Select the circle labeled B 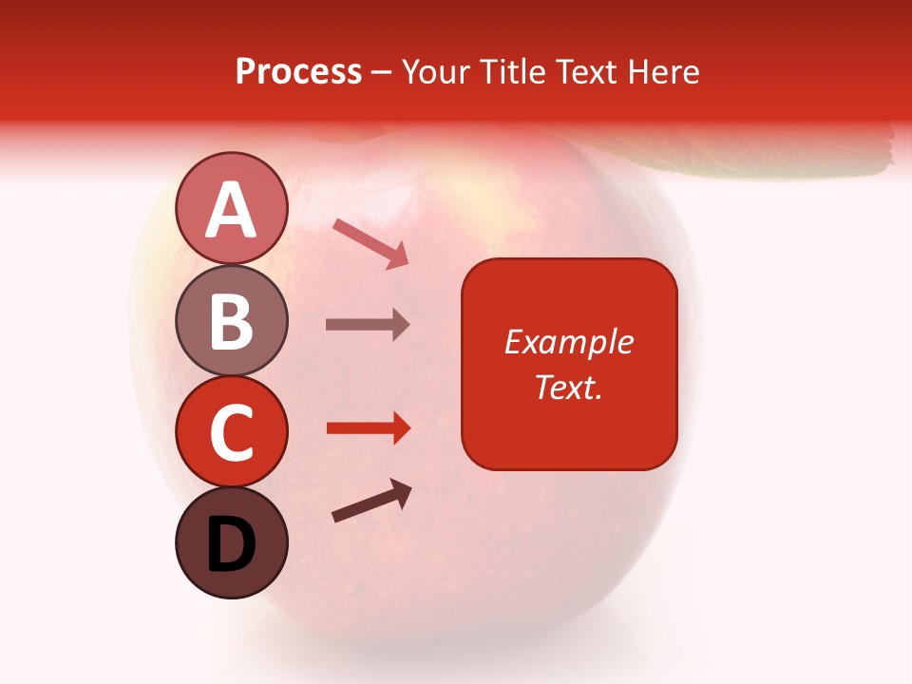[231, 320]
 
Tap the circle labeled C [231, 431]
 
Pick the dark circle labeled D [231, 542]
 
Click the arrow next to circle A [370, 243]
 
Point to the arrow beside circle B [368, 324]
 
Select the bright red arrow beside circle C [368, 428]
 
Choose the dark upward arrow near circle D [372, 501]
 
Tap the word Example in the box [569, 342]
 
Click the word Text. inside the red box [569, 388]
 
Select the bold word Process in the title [298, 72]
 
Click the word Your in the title [438, 72]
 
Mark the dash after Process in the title [382, 73]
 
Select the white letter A [231, 209]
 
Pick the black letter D [231, 544]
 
